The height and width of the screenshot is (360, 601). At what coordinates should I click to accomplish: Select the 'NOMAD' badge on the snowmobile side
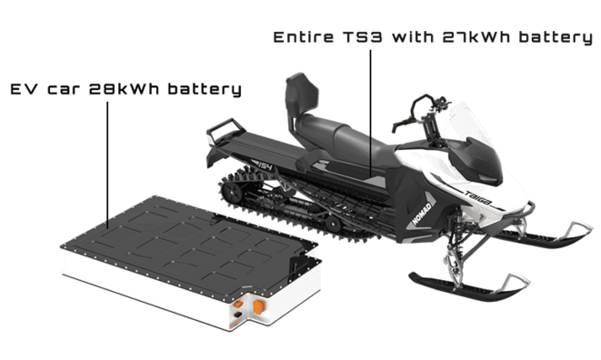point(422,213)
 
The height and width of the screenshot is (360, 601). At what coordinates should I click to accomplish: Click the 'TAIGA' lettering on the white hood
point(477,197)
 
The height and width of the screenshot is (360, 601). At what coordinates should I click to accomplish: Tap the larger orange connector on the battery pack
point(259,306)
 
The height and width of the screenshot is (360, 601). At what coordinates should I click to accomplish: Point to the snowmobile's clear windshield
point(469,122)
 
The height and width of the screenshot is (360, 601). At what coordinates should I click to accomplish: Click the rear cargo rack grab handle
point(225,127)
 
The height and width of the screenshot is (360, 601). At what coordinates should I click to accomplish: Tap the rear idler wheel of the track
point(232,191)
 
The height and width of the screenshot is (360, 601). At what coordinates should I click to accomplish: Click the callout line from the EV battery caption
point(107,165)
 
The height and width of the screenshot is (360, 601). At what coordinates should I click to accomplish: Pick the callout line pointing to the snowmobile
point(371,114)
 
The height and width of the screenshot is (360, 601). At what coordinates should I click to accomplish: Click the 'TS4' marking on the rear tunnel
point(265,166)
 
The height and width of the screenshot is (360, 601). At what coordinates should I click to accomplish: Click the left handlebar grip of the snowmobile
point(401,125)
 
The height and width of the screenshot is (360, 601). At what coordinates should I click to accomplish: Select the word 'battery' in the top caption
point(556,37)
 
